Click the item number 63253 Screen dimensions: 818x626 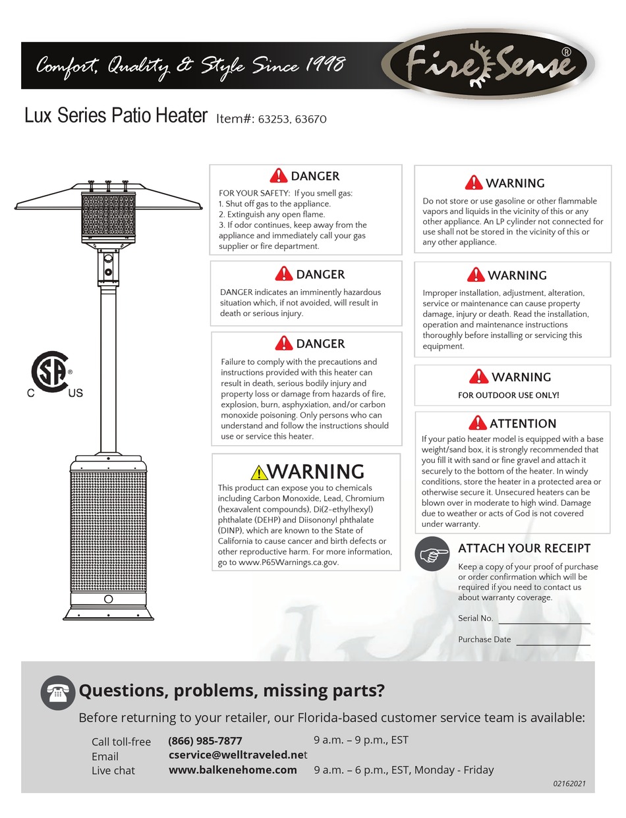coord(274,119)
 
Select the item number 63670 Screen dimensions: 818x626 coord(310,119)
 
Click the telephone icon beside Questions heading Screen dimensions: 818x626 coord(57,692)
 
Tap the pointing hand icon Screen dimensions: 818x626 coord(432,555)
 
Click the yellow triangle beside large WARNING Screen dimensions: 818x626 coord(258,472)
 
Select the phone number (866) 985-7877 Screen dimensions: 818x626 coord(205,740)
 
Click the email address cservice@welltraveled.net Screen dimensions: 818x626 coord(238,755)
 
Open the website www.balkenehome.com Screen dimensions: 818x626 coord(233,769)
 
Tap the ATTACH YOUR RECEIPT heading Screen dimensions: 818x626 coord(524,548)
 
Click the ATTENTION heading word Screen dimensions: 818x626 coord(523,423)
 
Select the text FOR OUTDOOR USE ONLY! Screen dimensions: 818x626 coord(508,395)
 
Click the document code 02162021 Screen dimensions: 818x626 coord(569,784)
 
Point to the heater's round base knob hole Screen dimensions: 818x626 coord(108,599)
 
